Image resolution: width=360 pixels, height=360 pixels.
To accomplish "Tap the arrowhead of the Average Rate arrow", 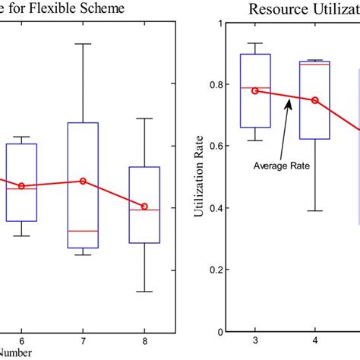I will click(x=288, y=106).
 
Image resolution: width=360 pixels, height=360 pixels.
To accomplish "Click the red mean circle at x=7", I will click(x=83, y=181).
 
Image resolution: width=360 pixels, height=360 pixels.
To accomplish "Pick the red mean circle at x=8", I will click(x=144, y=206).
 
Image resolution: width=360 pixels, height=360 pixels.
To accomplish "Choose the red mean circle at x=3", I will click(x=255, y=90).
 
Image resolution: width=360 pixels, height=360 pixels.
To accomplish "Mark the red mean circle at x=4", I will click(x=315, y=100).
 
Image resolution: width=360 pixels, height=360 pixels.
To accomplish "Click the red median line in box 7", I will click(x=83, y=230).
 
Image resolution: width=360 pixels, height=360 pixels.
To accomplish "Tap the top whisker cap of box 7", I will click(x=83, y=44).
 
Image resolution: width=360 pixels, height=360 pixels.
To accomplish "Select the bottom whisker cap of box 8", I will click(x=144, y=291).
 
